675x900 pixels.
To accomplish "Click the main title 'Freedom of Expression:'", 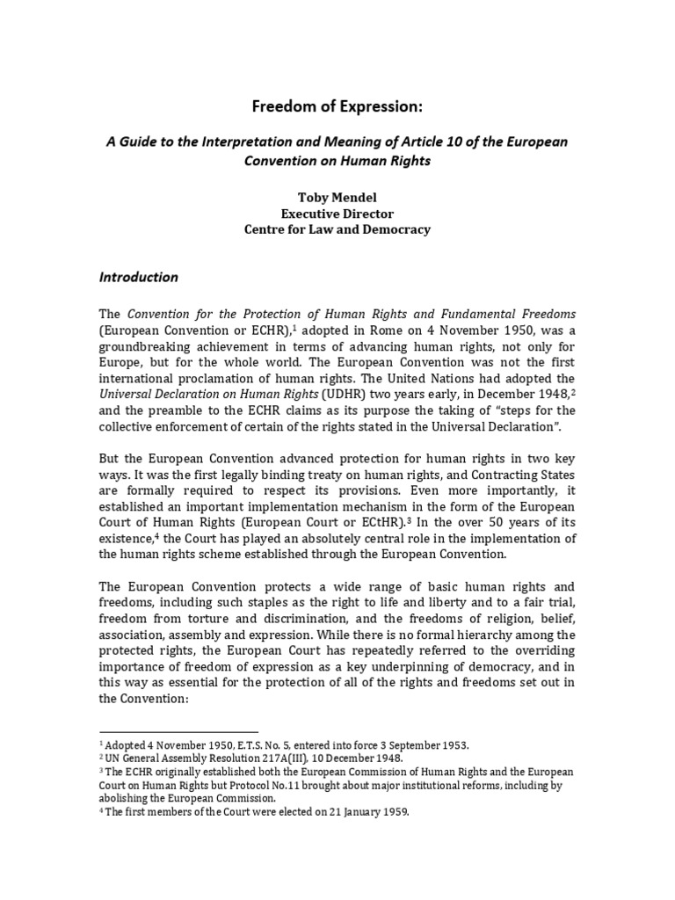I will (337, 107).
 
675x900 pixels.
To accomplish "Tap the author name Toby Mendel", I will (337, 198).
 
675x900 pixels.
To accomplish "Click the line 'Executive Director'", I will (337, 214).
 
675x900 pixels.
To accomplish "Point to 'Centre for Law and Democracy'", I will (337, 229).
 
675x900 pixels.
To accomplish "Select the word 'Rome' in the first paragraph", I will (369, 330).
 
